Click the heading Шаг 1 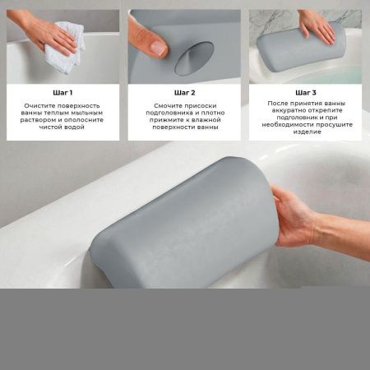point(62,93)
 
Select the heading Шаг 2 point(185,93)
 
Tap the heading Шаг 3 point(306,93)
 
